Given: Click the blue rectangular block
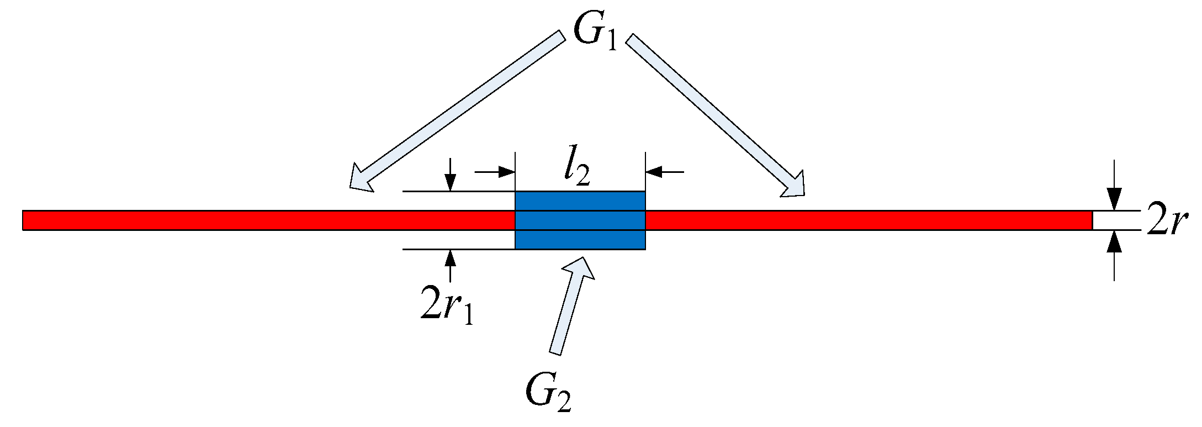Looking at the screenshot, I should point(580,220).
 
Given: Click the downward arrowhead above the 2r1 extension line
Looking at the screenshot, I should point(451,183).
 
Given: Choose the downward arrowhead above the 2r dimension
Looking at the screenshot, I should point(1115,199).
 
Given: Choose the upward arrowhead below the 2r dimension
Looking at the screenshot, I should point(1115,241).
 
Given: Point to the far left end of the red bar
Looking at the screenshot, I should point(24,220).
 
